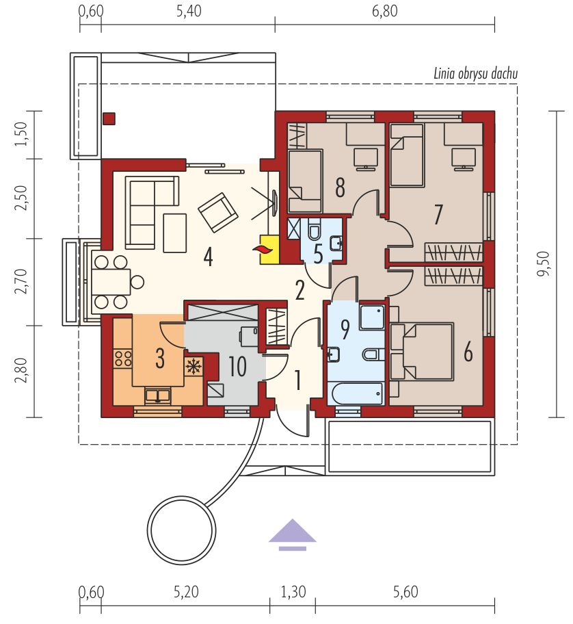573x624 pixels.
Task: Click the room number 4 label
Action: point(208,256)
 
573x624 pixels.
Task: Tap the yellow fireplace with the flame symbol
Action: point(269,249)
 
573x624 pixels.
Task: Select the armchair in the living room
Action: point(218,211)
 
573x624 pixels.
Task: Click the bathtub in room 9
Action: point(355,393)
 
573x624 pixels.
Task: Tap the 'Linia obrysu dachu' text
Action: point(476,74)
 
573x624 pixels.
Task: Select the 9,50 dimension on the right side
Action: point(544,263)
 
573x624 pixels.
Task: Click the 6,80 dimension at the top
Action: point(384,11)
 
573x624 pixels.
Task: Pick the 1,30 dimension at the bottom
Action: point(293,592)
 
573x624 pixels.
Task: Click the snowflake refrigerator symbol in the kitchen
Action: point(194,366)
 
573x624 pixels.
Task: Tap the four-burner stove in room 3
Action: point(123,358)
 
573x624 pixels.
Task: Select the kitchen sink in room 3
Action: point(158,395)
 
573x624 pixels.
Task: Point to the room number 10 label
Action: point(237,366)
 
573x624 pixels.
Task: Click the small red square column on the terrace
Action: point(109,118)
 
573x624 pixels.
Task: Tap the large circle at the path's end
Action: point(182,530)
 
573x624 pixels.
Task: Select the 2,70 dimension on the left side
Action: point(21,281)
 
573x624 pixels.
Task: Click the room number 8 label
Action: point(340,187)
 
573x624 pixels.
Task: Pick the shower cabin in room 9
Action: point(372,317)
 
